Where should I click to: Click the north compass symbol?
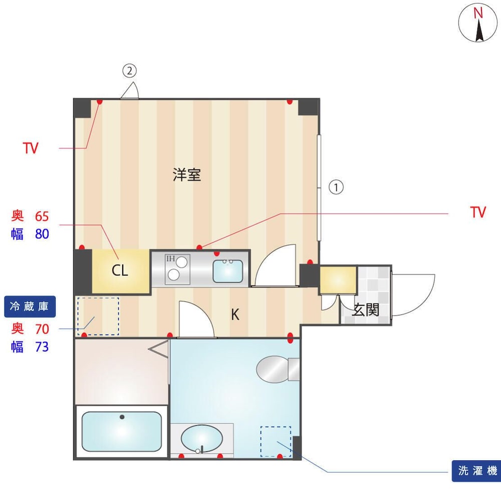[x=477, y=23]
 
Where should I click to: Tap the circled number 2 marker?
[x=129, y=71]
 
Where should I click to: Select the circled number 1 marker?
[x=336, y=187]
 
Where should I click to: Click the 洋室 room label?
[x=187, y=175]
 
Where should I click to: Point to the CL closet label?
[x=120, y=271]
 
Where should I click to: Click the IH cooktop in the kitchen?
[x=177, y=269]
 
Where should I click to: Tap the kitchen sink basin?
[x=228, y=271]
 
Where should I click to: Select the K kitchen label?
[x=235, y=315]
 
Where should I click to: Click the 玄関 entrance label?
[x=366, y=309]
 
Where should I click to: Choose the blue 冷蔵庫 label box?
[x=30, y=306]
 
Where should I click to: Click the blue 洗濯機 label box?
[x=476, y=471]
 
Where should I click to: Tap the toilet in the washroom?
[x=278, y=369]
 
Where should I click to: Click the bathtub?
[x=121, y=431]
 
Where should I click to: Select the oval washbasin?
[x=201, y=438]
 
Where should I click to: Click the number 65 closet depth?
[x=42, y=217]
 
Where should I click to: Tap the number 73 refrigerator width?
[x=42, y=347]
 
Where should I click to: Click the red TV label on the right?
[x=478, y=212]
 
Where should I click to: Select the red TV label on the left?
[x=31, y=148]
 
